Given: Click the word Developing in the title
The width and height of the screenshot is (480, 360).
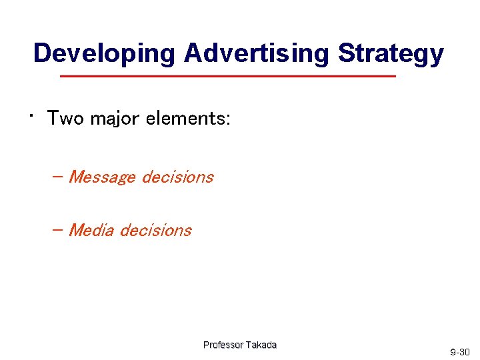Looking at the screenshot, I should point(105,53).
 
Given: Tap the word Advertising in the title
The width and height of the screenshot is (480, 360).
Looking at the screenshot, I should point(257,53).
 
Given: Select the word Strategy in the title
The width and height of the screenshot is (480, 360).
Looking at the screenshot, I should point(391,53).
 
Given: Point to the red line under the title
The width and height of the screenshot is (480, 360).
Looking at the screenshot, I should point(228,77).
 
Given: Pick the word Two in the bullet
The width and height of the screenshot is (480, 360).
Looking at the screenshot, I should point(66,119).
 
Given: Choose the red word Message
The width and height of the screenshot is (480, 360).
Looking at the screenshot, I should point(103,177).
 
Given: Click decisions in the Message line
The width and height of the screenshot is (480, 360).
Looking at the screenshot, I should point(177,177).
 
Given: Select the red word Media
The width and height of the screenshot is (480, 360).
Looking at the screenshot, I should point(92,230).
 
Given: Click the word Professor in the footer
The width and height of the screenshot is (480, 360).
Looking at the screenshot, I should point(223,345).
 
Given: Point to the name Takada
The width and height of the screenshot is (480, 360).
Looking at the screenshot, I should point(261,345).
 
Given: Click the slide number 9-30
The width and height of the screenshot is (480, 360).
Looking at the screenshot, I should point(460,352).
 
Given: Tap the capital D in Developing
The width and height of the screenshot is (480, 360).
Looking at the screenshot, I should point(42,53).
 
